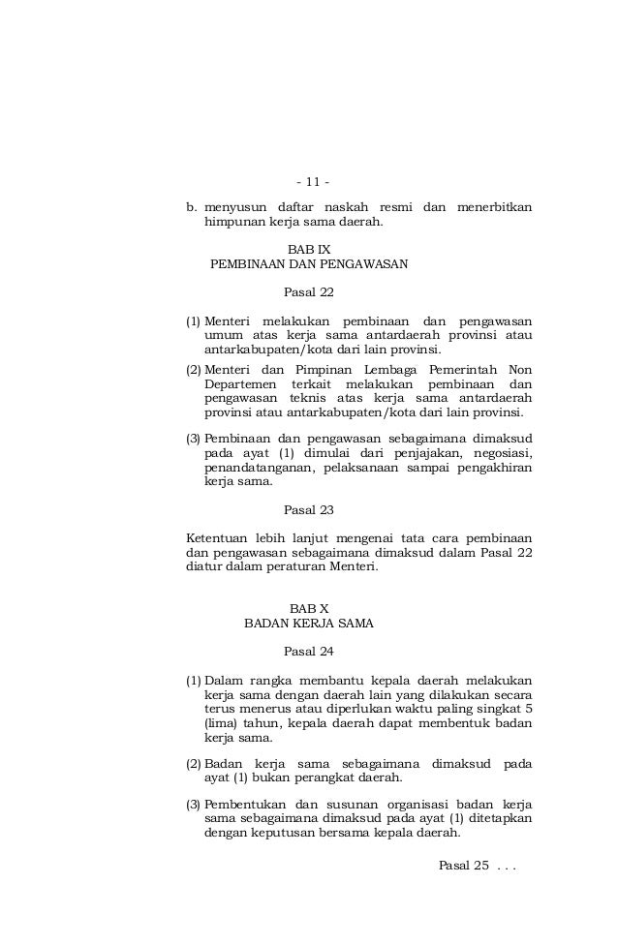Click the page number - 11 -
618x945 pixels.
click(x=312, y=182)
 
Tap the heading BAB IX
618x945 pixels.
click(x=309, y=249)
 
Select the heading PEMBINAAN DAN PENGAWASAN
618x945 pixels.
click(x=309, y=263)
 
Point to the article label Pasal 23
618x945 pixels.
click(x=308, y=509)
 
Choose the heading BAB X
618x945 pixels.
click(x=309, y=608)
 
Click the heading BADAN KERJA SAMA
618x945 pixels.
click(x=309, y=624)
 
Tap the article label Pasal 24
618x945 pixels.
click(x=308, y=652)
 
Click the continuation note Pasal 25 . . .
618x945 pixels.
click(x=463, y=864)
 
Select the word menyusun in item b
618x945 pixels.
click(x=233, y=207)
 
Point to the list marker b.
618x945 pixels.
click(x=192, y=207)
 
